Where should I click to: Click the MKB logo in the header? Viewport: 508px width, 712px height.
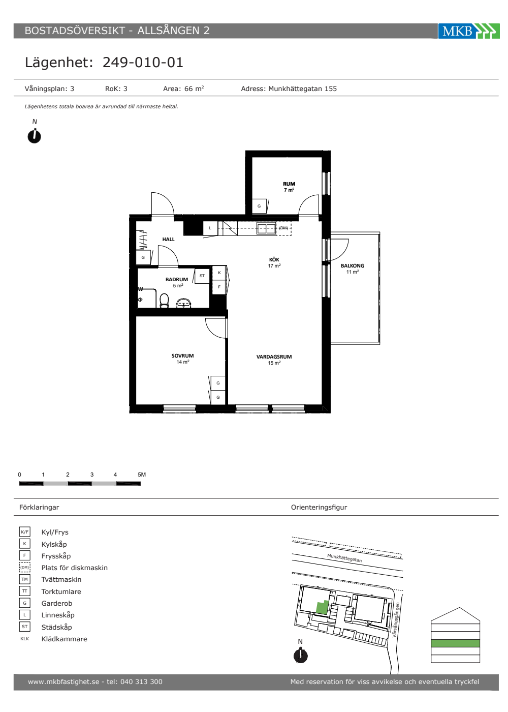(468, 31)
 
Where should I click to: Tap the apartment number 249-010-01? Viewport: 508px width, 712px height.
(143, 62)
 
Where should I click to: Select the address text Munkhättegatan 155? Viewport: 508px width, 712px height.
(302, 88)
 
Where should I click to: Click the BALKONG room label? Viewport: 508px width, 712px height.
(353, 265)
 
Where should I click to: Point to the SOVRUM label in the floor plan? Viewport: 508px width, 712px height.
(182, 355)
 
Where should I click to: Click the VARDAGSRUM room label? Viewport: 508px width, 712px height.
(274, 357)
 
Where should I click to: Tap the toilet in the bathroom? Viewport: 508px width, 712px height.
(164, 301)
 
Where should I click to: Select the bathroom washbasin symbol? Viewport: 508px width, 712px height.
(183, 303)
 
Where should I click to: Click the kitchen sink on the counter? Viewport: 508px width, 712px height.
(266, 228)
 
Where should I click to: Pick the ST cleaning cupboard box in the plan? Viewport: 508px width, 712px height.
(202, 276)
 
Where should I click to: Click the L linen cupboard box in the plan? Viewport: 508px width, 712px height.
(210, 228)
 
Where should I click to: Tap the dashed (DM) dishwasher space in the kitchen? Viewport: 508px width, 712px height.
(283, 228)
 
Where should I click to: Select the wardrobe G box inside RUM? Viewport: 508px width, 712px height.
(259, 206)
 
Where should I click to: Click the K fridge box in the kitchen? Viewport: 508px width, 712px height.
(219, 273)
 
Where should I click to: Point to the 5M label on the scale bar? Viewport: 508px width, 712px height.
(142, 474)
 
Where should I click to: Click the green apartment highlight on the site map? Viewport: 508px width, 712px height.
(322, 607)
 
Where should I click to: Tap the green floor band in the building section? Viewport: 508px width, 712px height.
(455, 643)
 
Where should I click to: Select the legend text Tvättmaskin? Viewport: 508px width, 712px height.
(61, 579)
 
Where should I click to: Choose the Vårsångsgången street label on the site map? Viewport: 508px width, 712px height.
(396, 620)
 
